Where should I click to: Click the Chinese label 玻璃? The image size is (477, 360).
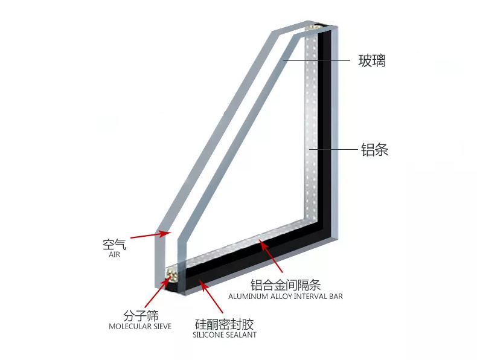click(372, 60)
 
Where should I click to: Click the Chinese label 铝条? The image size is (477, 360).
click(374, 149)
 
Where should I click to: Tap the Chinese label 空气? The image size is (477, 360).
click(114, 245)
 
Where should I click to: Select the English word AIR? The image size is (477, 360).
click(114, 255)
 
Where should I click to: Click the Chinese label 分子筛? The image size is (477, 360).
click(141, 316)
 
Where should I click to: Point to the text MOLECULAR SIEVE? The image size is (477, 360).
click(140, 327)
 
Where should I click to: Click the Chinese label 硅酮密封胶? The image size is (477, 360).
click(224, 324)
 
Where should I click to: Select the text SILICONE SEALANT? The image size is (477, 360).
click(225, 335)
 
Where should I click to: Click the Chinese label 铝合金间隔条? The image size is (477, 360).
click(286, 286)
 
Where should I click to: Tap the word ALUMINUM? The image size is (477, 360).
click(247, 297)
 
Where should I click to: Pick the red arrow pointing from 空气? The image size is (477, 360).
click(150, 234)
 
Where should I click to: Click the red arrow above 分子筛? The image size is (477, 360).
click(157, 292)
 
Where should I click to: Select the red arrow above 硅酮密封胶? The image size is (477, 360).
click(211, 296)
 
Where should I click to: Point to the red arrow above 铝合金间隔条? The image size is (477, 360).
click(271, 256)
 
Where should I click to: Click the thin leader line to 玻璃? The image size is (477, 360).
click(316, 60)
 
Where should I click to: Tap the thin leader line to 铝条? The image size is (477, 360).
click(333, 149)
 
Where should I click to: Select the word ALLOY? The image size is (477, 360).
click(280, 297)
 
